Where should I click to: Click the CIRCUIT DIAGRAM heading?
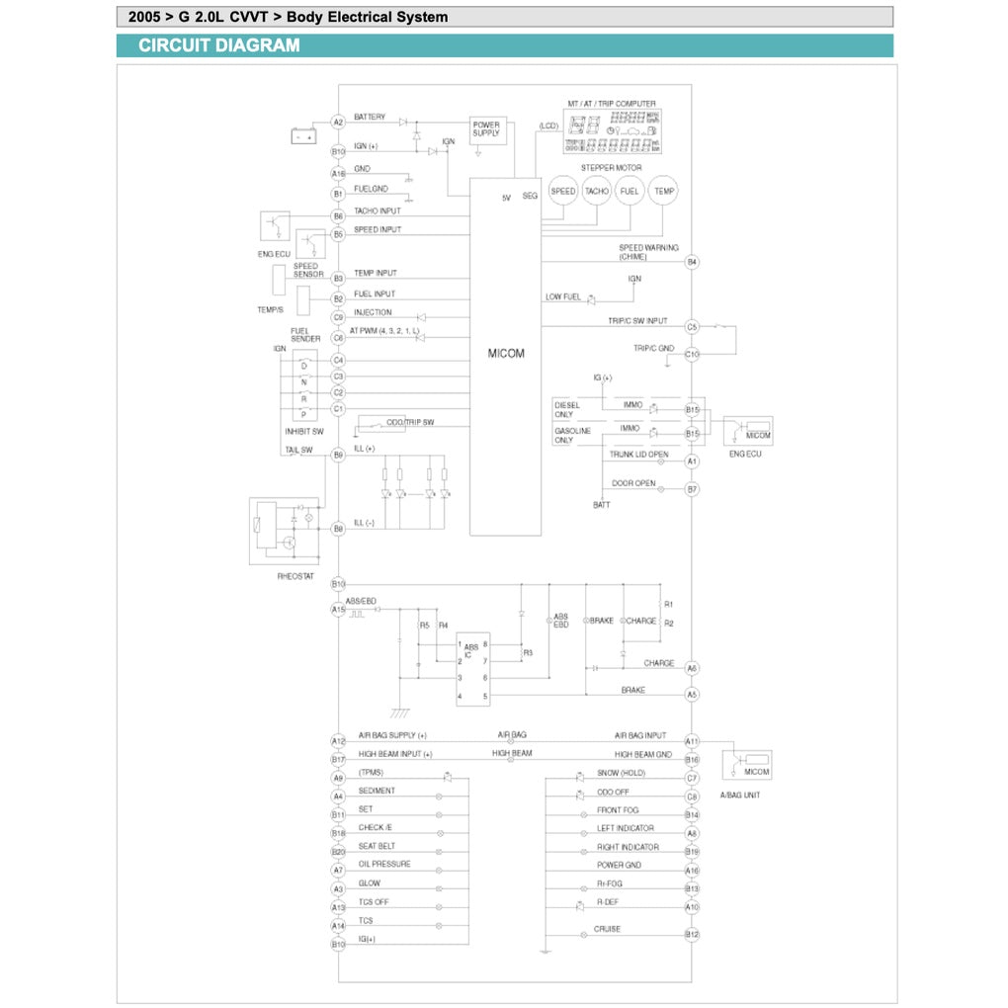tap(219, 45)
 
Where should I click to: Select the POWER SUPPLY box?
tap(486, 128)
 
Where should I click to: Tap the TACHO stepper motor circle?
tap(597, 191)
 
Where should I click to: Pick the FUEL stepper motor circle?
tap(630, 191)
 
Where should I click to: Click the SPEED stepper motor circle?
tap(562, 191)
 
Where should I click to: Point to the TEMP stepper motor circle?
tap(664, 191)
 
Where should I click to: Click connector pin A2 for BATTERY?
tap(338, 122)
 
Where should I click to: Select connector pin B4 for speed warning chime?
tap(692, 262)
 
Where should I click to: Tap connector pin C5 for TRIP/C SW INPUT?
tap(692, 326)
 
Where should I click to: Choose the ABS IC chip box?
tap(471, 670)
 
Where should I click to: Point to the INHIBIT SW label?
tap(303, 431)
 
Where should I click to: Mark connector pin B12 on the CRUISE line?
tap(692, 934)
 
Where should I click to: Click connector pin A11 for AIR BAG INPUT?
tap(692, 741)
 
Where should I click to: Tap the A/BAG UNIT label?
tap(747, 796)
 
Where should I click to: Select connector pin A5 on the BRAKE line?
tap(692, 695)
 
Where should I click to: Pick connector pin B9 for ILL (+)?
tap(338, 455)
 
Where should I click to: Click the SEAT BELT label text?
tap(378, 846)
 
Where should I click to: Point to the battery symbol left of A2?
tap(303, 136)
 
